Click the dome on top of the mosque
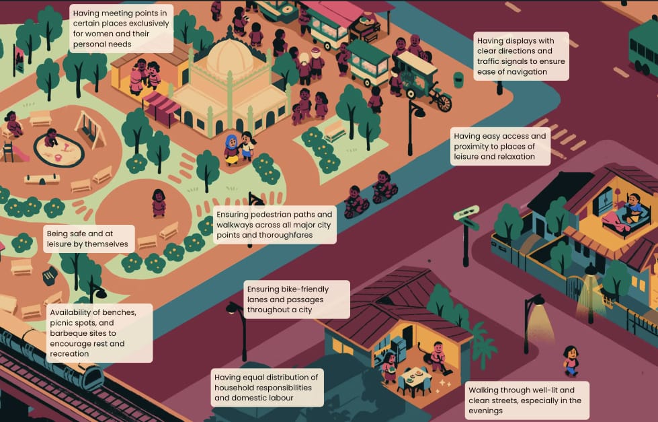pyautogui.click(x=231, y=57)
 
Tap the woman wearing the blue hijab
pyautogui.click(x=232, y=149)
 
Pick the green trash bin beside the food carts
pyautogui.click(x=458, y=79)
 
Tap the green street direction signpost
pyautogui.click(x=467, y=215)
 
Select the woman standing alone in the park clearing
pyautogui.click(x=159, y=203)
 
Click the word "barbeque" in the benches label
pyautogui.click(x=71, y=332)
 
